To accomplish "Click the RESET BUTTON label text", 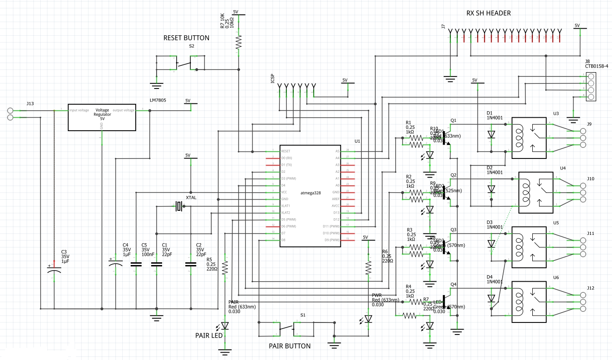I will [x=186, y=38].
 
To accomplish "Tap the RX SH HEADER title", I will [x=488, y=13].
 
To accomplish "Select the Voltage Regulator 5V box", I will [x=102, y=118].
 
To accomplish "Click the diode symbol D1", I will [x=491, y=135].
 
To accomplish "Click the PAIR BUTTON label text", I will [x=290, y=346].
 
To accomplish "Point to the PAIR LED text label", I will [x=208, y=335].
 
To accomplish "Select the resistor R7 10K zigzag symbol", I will [x=239, y=43].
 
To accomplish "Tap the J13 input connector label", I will [x=30, y=104].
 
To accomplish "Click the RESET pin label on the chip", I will [x=286, y=152].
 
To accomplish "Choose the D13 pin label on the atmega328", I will [x=336, y=213].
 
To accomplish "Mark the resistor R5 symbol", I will [x=225, y=268].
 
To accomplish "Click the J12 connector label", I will [x=590, y=288].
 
